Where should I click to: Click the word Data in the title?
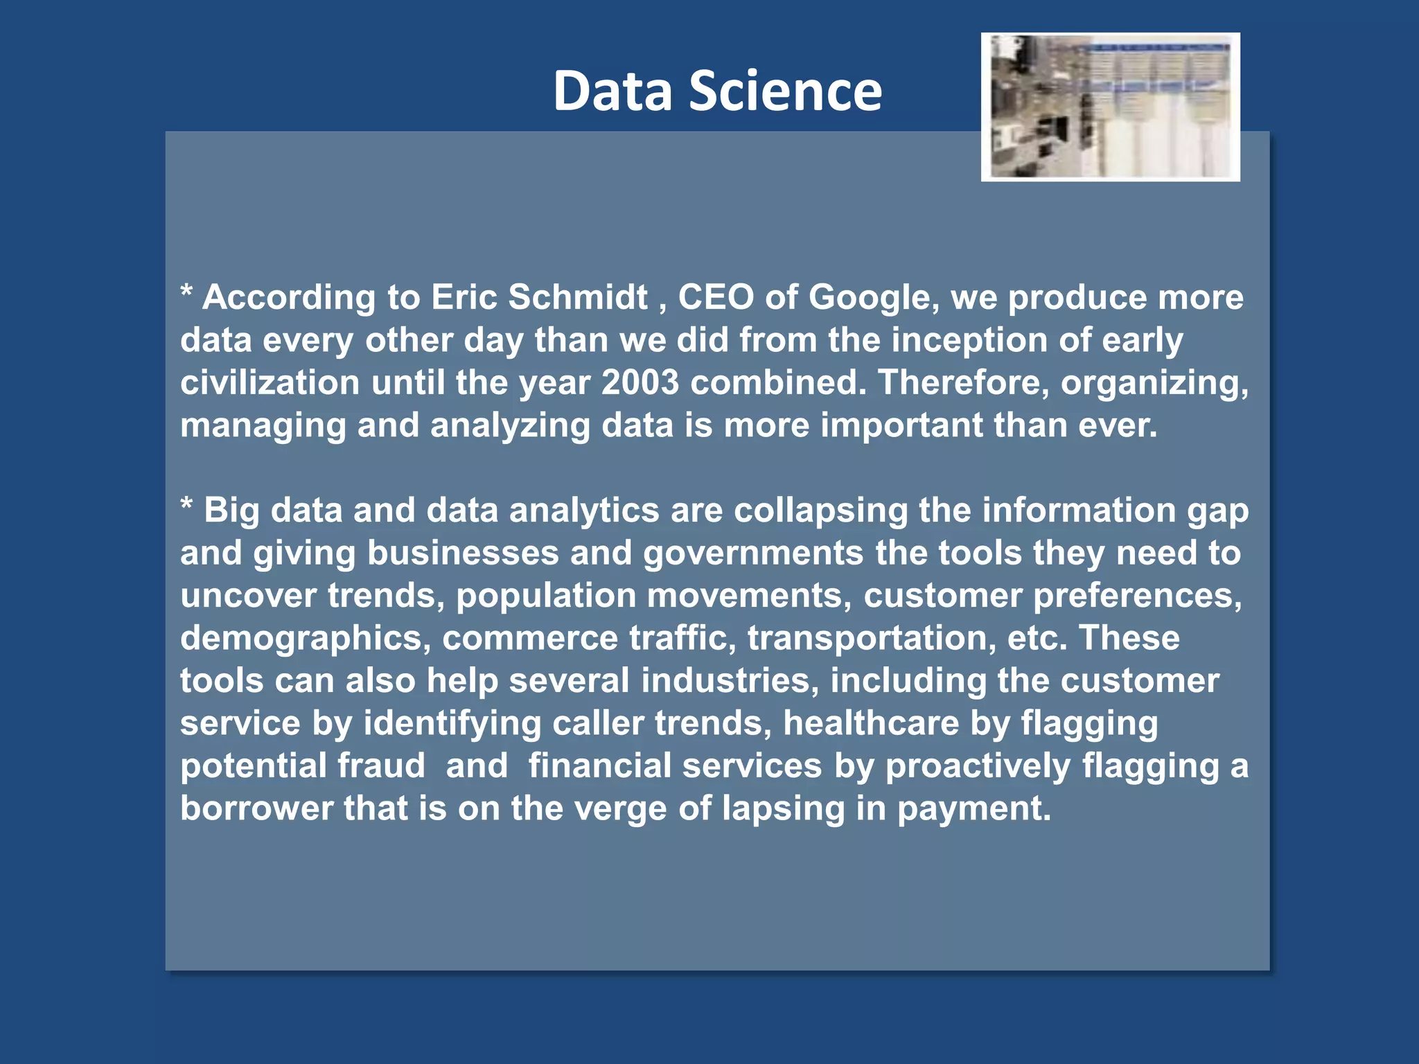pyautogui.click(x=612, y=91)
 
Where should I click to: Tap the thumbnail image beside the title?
pyautogui.click(x=1110, y=107)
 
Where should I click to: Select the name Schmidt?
pyautogui.click(x=578, y=297)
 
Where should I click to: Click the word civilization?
pyautogui.click(x=270, y=382)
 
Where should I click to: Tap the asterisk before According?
pyautogui.click(x=186, y=292)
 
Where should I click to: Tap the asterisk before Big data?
pyautogui.click(x=186, y=506)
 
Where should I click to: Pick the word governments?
pyautogui.click(x=752, y=553)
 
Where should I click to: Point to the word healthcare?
pyautogui.click(x=870, y=723)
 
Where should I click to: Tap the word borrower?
pyautogui.click(x=256, y=808)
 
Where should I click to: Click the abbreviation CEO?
pyautogui.click(x=715, y=297)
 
